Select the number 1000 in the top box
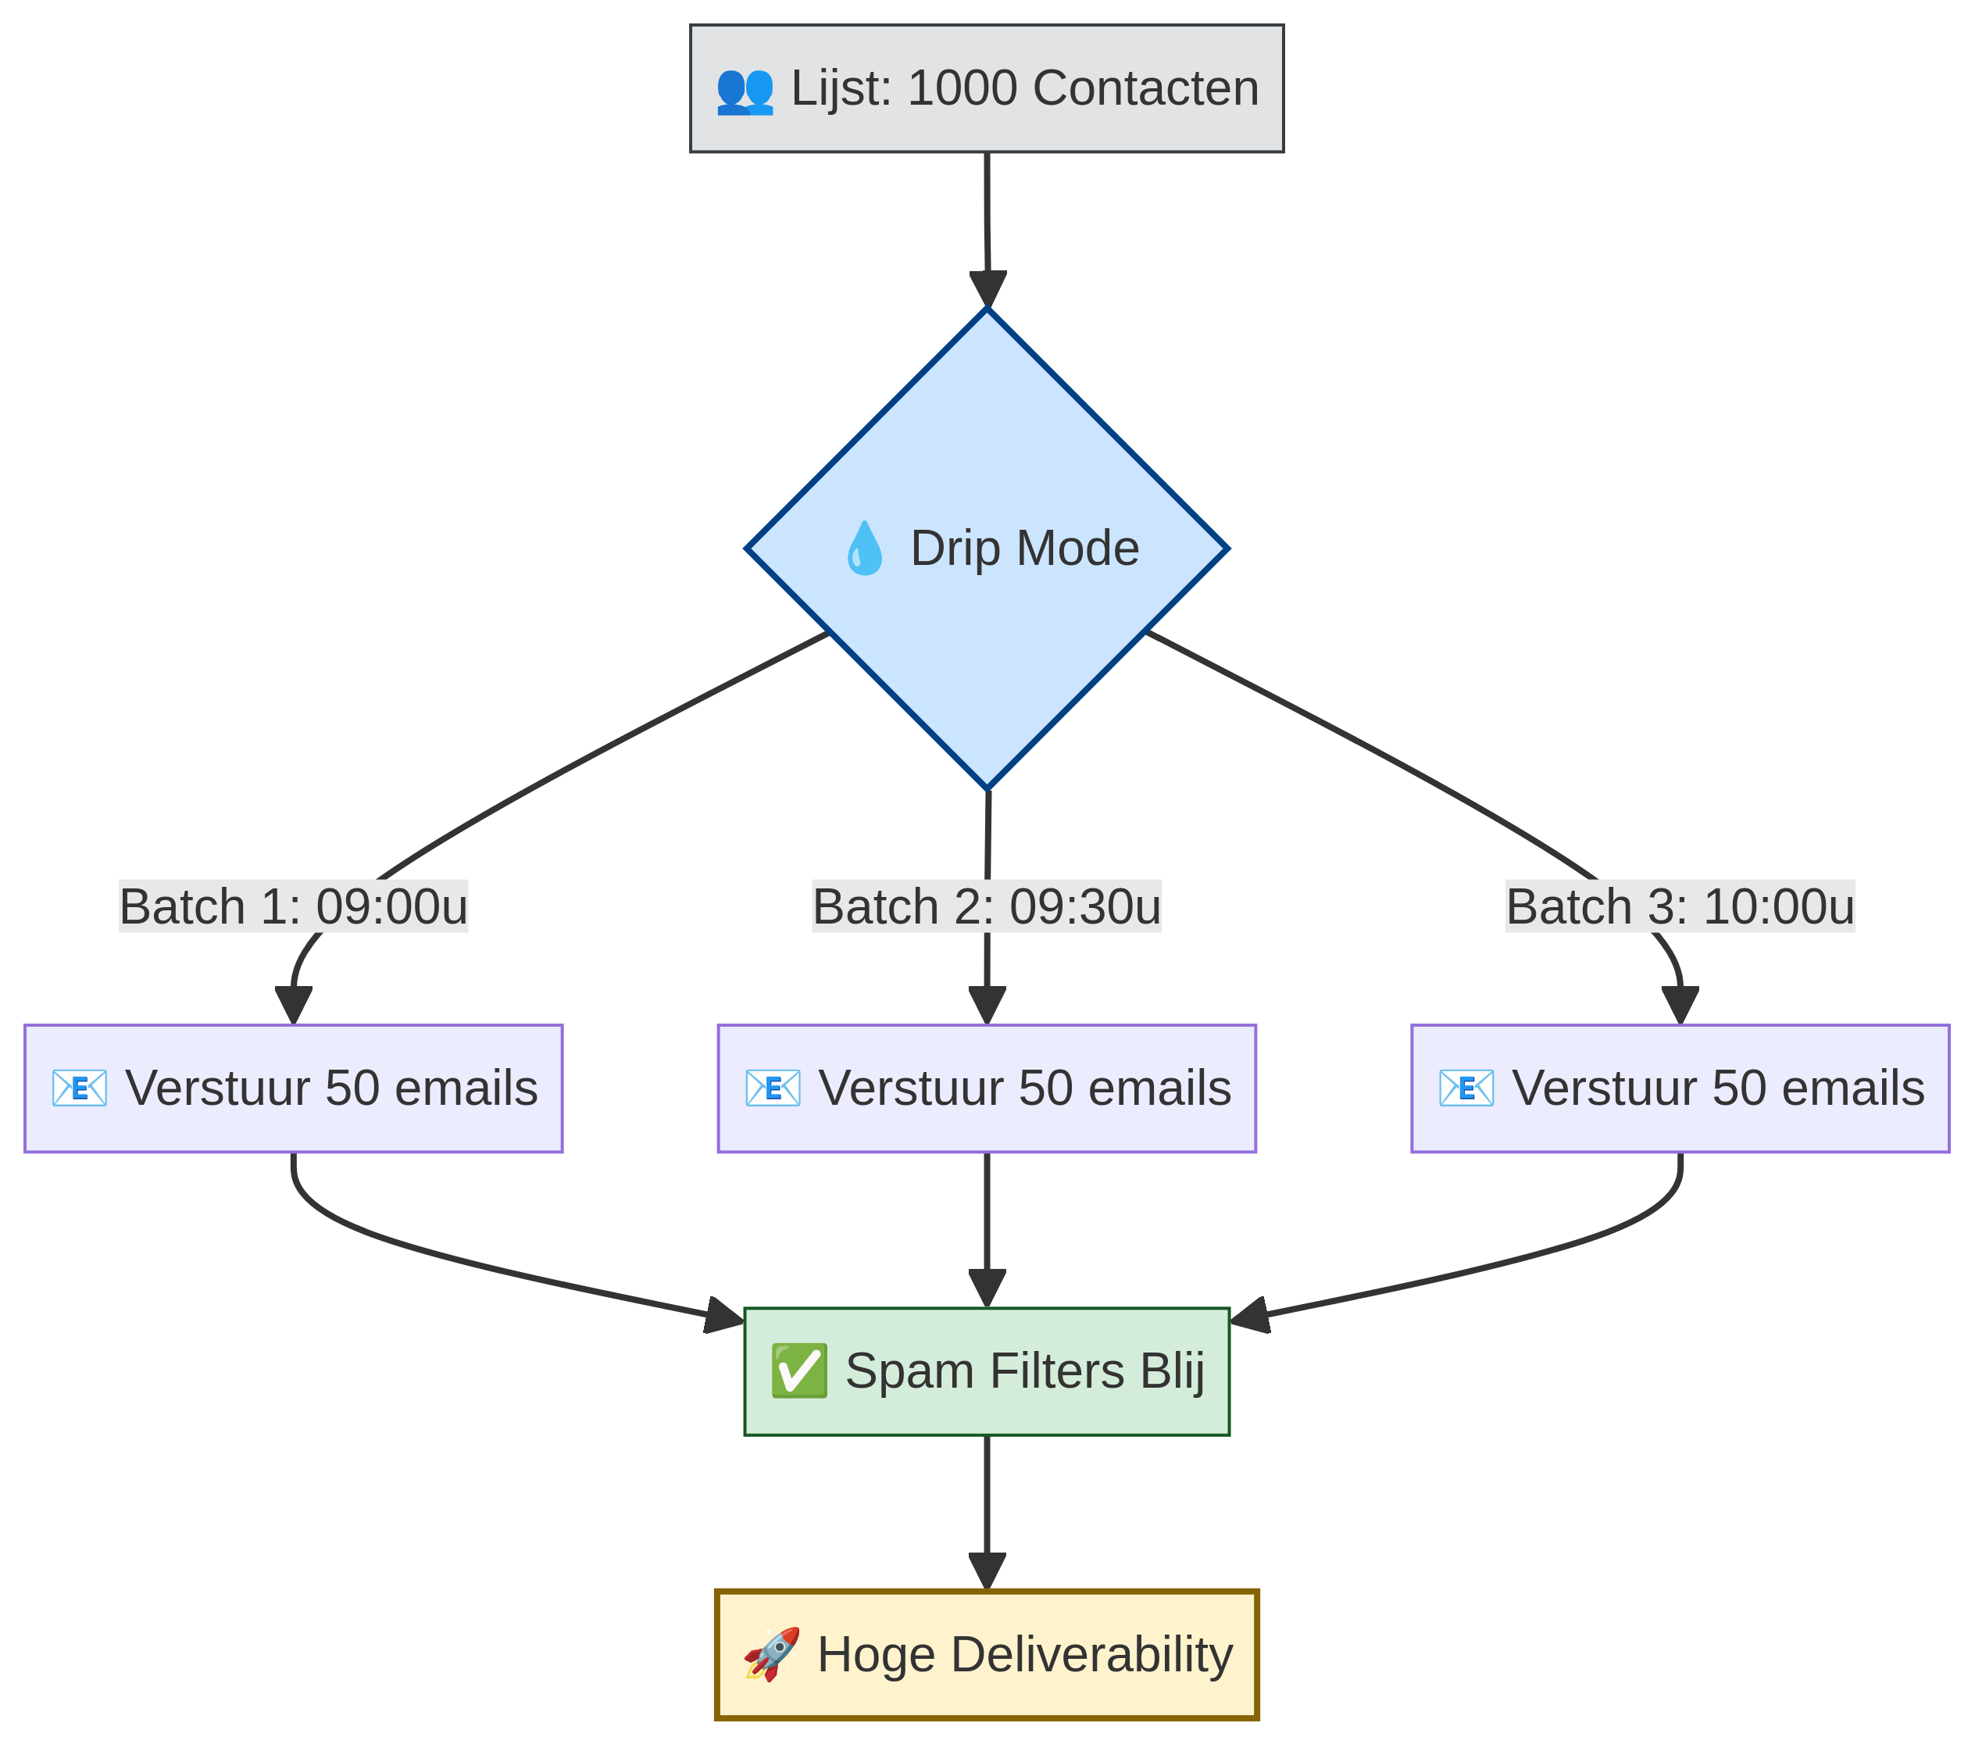click(962, 88)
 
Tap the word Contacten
click(1146, 88)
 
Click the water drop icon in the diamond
click(864, 548)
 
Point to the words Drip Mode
click(1024, 548)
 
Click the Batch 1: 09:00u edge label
click(293, 906)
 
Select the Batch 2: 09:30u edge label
click(987, 906)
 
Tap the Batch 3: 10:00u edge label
click(1680, 906)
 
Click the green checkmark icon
click(798, 1371)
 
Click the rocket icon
click(771, 1655)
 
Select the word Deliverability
click(1092, 1655)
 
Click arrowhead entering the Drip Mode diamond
click(987, 289)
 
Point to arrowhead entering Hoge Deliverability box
click(987, 1571)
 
